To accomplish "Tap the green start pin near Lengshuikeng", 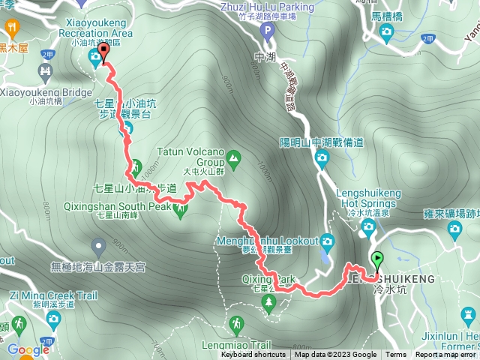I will point(376,260).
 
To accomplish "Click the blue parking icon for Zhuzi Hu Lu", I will point(267,31).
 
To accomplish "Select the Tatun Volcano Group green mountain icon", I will point(233,157).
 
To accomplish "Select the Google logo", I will point(28,349).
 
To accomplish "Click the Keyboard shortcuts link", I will point(253,355).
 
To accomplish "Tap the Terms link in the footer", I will point(395,355).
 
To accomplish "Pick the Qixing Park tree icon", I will point(269,301).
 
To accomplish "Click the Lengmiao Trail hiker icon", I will point(236,323).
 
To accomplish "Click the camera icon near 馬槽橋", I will point(386,31).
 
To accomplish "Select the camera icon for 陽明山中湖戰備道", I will point(322,157).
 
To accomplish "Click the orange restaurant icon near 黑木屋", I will point(13,29).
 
